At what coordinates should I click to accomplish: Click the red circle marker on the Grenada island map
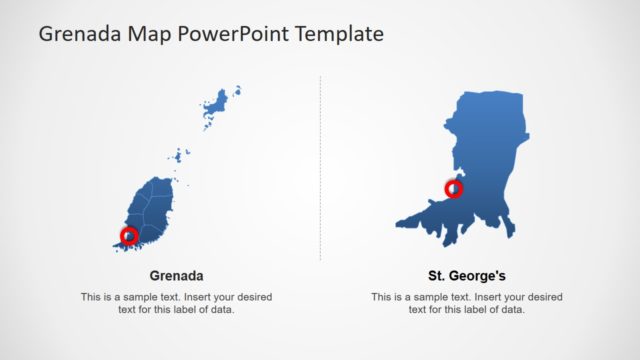(129, 236)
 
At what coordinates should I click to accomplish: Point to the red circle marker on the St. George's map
(454, 188)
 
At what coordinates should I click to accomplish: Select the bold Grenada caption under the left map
(177, 275)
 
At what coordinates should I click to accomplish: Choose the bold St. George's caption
(467, 275)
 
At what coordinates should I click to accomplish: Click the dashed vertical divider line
(321, 170)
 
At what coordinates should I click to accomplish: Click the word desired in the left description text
(251, 297)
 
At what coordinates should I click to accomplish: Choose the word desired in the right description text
(542, 297)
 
